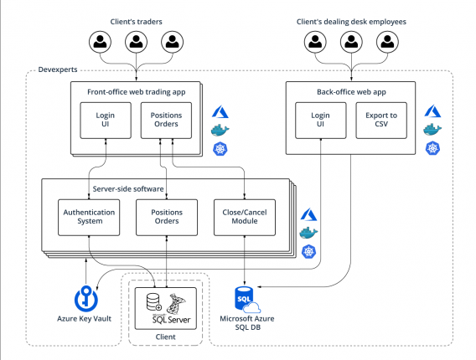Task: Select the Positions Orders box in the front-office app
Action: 166,120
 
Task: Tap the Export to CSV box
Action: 381,120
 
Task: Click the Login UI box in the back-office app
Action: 319,120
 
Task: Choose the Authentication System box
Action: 89,216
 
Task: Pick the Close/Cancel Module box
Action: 243,216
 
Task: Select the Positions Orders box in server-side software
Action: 166,216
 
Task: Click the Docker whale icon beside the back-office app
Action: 432,129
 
